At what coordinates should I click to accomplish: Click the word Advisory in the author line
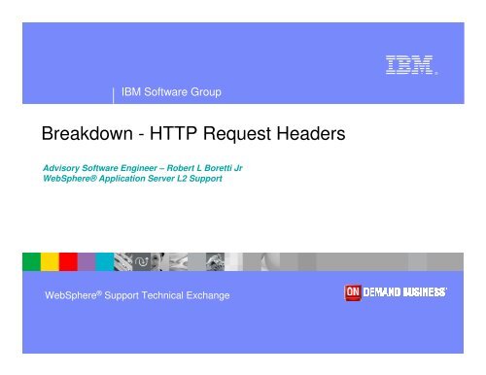coord(67,168)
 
